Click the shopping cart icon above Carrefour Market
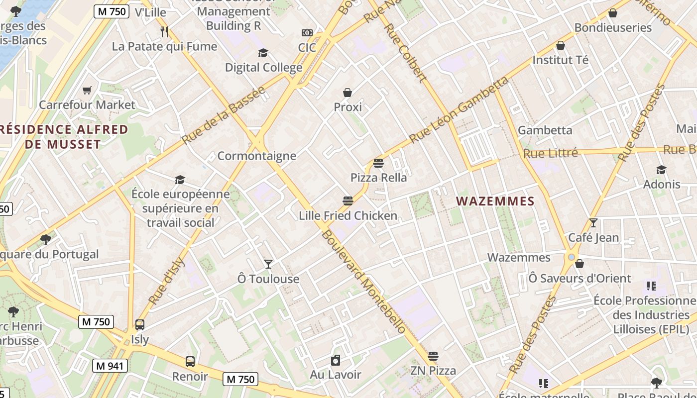point(87,90)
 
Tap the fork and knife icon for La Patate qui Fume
point(164,32)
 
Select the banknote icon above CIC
point(307,33)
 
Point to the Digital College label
point(263,68)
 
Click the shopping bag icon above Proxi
point(348,93)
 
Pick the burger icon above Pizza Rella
point(378,163)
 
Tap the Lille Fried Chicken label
point(348,215)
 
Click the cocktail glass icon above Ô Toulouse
point(268,264)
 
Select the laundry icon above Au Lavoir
point(336,360)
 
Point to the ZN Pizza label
point(433,371)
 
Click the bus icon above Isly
point(140,325)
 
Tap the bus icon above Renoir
point(190,362)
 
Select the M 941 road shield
point(110,366)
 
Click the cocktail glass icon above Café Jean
point(593,223)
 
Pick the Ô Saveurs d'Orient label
point(580,279)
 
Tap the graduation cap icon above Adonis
point(661,170)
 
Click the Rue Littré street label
point(550,153)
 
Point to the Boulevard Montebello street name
point(363,282)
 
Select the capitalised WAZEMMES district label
point(495,201)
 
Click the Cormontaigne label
point(257,156)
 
